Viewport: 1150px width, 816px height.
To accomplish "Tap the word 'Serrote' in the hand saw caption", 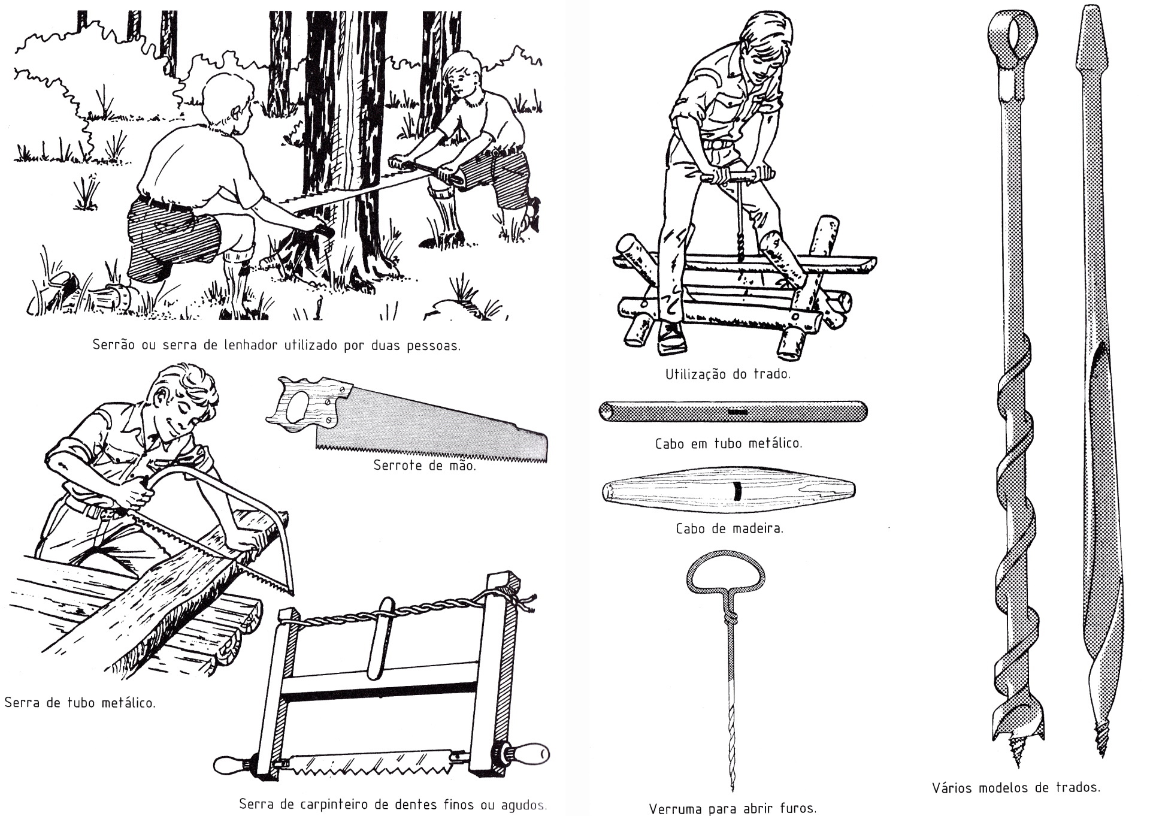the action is click(396, 466).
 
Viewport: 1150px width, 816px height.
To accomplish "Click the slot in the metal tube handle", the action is click(737, 412).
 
